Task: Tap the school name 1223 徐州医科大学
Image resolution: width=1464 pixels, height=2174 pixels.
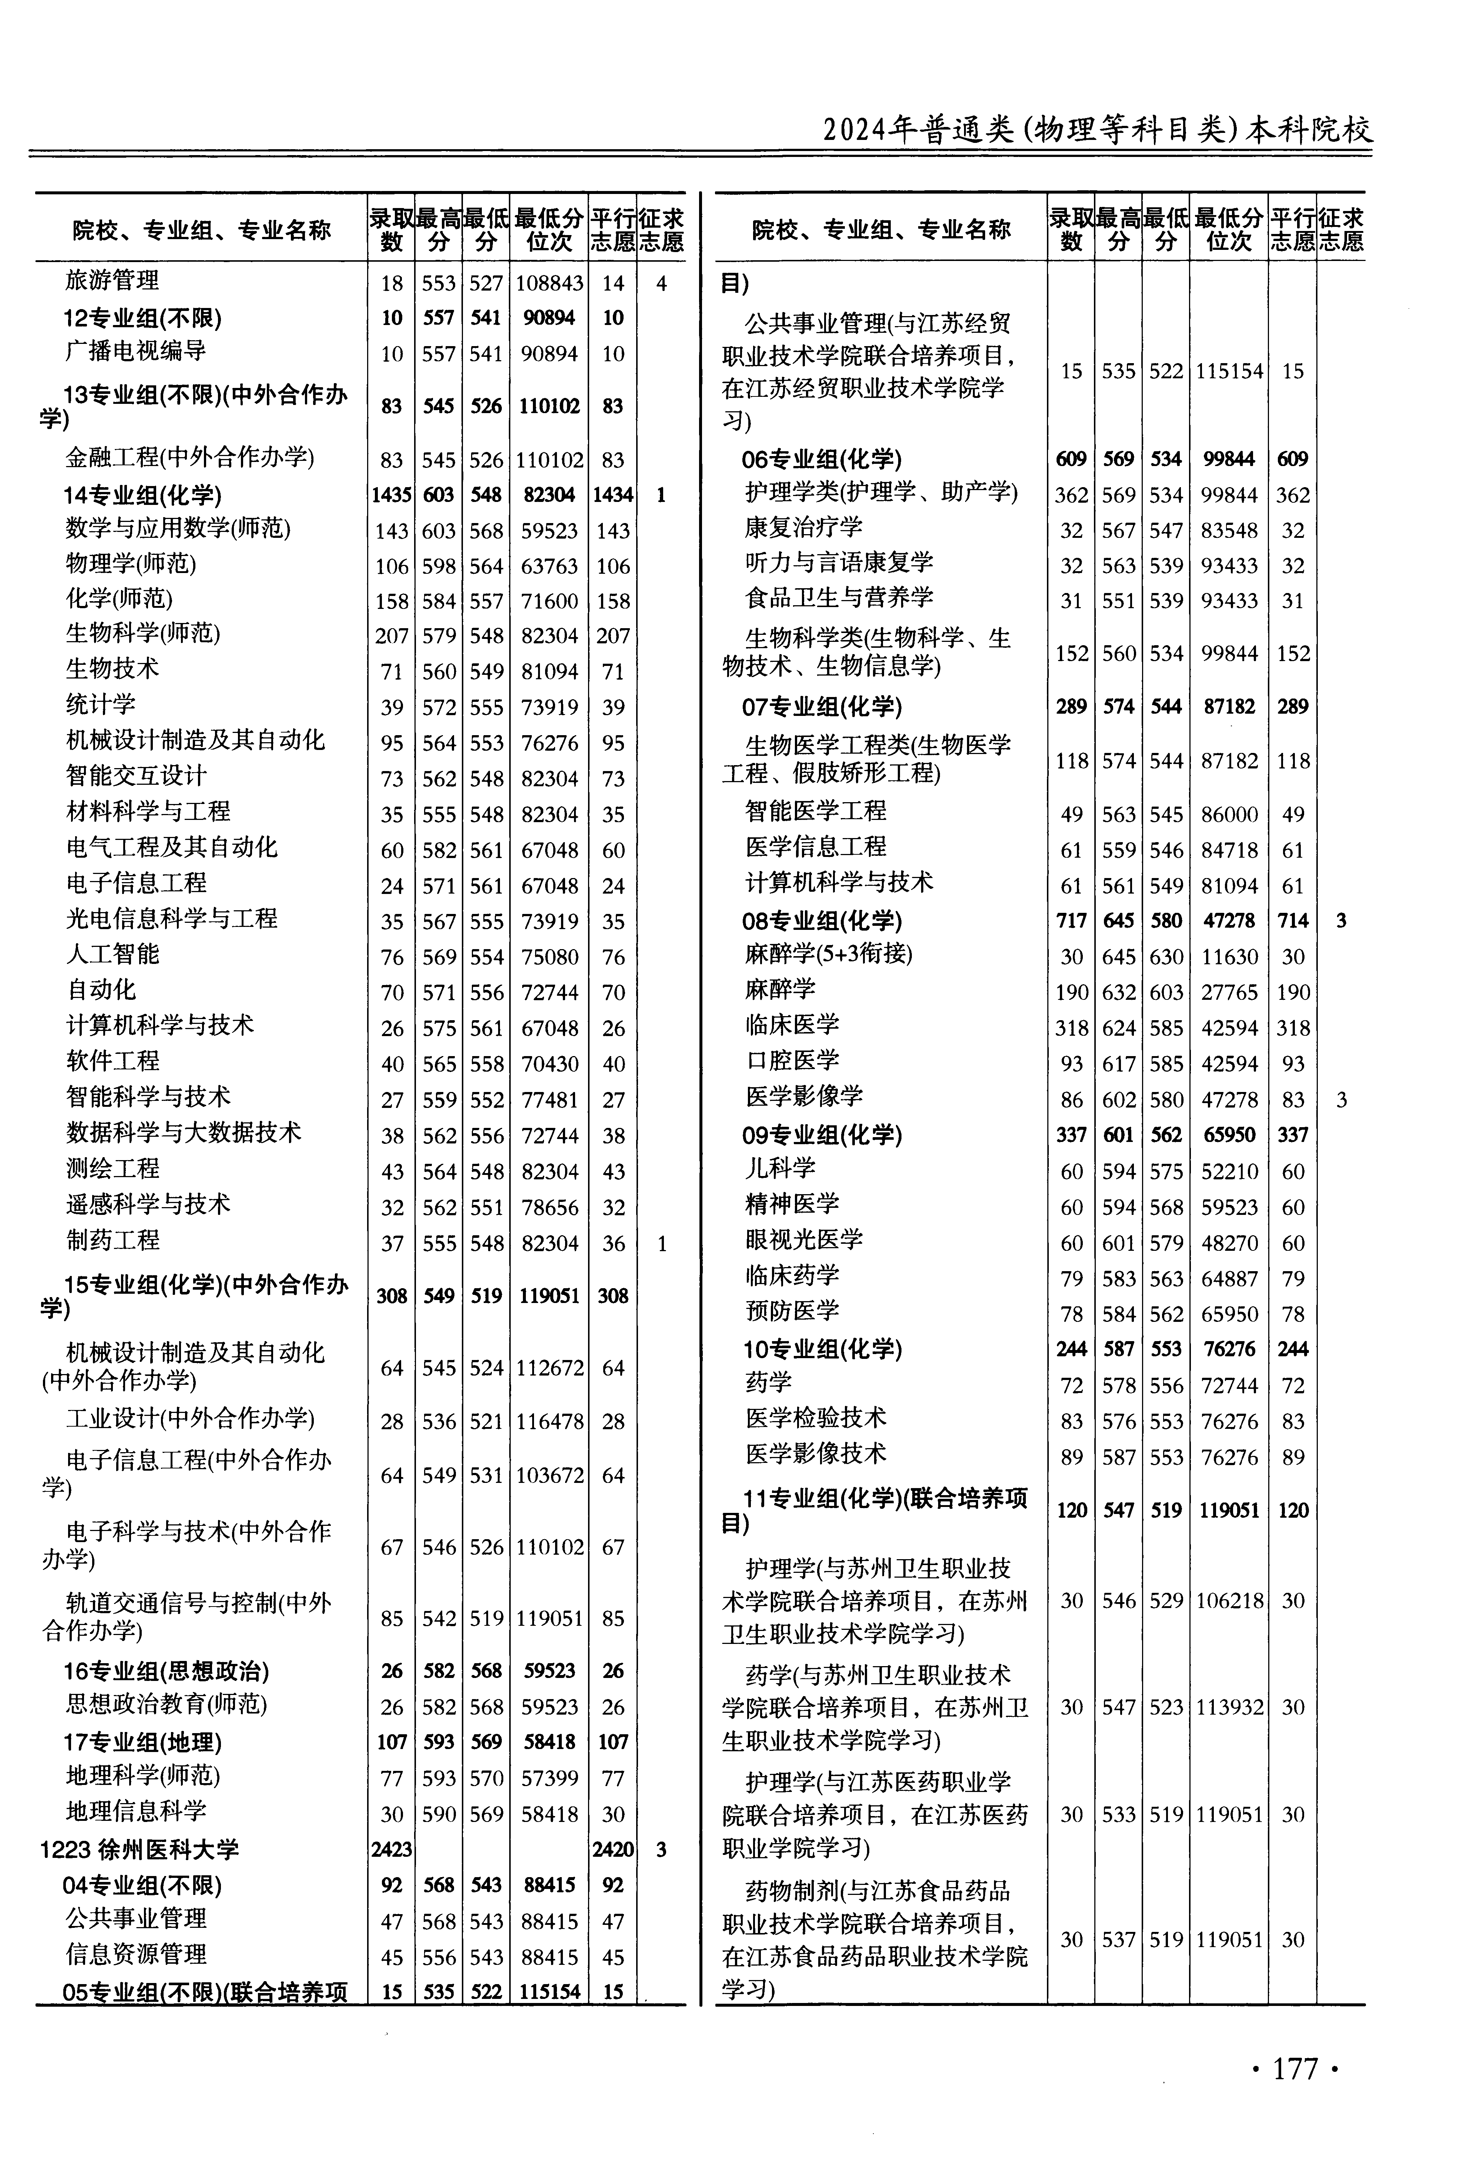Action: tap(140, 1849)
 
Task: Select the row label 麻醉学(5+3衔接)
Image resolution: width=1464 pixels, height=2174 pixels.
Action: tap(828, 954)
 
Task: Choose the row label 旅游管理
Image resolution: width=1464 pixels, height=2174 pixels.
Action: tap(112, 280)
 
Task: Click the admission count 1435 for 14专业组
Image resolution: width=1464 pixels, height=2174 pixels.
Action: tap(391, 495)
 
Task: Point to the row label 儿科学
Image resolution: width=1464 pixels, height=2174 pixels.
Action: tap(780, 1168)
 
